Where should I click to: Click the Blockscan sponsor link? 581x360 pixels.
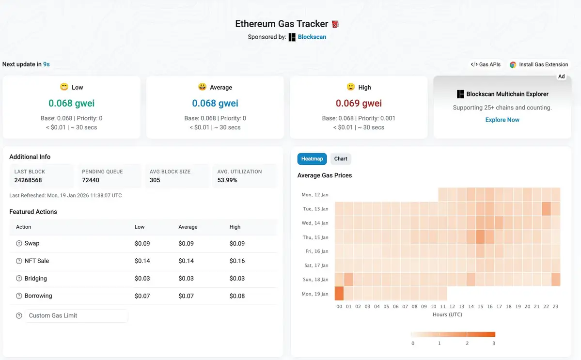312,37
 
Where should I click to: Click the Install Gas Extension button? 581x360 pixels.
539,64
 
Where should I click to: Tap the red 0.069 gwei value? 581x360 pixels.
359,103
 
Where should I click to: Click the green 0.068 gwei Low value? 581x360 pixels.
71,103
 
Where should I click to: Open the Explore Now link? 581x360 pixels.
502,120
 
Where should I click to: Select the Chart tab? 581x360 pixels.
341,159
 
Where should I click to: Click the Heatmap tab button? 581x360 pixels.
312,159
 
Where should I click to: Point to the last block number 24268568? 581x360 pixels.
28,180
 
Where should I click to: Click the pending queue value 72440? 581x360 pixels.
91,180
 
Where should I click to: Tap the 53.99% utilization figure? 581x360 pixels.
227,180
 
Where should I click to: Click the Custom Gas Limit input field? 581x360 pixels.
77,315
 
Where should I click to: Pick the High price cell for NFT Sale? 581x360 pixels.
237,261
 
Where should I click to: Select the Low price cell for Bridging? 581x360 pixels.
142,279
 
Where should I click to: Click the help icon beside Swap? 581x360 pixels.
19,243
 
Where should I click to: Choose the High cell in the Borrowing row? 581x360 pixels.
237,296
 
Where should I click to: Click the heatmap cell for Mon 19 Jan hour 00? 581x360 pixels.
339,294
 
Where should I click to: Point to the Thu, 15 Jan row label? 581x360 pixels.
314,237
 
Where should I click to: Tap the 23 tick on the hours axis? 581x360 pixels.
555,307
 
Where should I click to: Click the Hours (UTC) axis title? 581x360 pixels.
447,314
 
